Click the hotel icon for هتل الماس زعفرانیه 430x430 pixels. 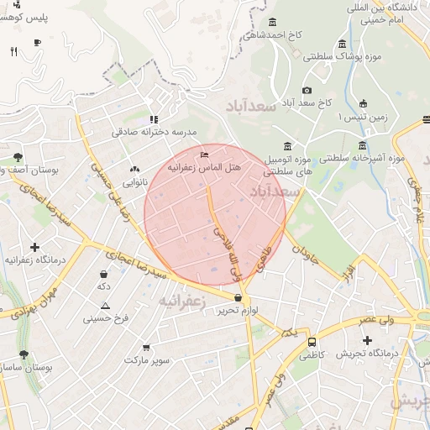[204, 155]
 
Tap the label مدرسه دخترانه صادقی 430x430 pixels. [154, 132]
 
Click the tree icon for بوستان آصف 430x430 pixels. [18, 157]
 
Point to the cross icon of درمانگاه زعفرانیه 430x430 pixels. [34, 247]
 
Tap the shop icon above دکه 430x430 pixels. [103, 274]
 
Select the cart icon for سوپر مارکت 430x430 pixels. [147, 347]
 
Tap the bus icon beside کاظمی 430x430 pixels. [312, 343]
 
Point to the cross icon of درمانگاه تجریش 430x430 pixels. [367, 340]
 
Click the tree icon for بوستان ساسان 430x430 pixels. [23, 354]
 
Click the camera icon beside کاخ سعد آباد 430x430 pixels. [307, 90]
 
